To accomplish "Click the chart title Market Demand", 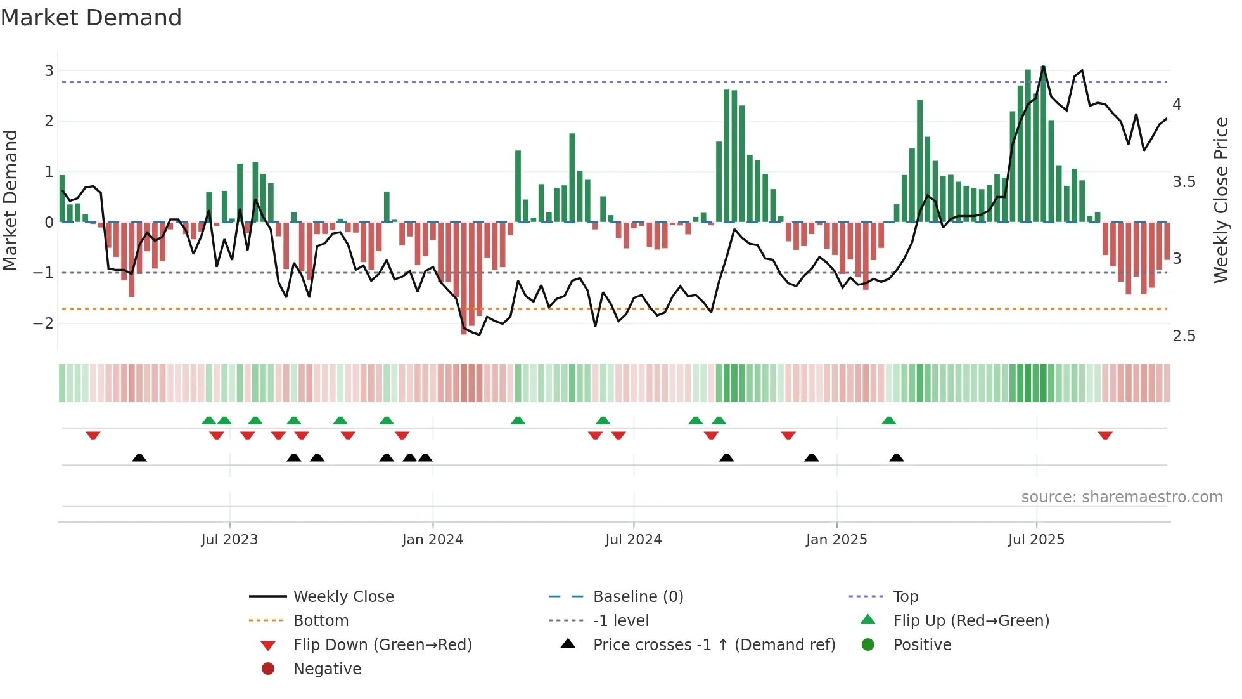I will point(91,18).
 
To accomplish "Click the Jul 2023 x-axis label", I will point(229,540).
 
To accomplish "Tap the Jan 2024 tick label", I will point(432,540).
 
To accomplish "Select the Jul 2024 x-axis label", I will point(633,540).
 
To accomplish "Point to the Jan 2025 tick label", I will point(836,540).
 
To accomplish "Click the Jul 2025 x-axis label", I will point(1036,540).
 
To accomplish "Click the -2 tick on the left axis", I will point(43,323).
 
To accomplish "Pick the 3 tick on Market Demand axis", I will point(49,70).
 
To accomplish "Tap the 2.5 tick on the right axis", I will point(1184,336).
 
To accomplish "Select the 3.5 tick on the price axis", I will point(1184,182).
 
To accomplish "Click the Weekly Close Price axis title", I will point(1220,200).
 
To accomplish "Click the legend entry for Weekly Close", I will point(343,597).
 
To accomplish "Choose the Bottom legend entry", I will point(321,621).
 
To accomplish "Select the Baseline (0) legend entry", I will point(637,597).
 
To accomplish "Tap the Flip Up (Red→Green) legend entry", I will point(971,621).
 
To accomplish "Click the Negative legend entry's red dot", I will point(268,669).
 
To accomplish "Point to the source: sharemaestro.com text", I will point(1122,497).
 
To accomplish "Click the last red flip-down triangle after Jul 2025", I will point(1105,436).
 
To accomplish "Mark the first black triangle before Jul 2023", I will point(139,457).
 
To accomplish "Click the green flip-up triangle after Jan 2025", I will point(888,421).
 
